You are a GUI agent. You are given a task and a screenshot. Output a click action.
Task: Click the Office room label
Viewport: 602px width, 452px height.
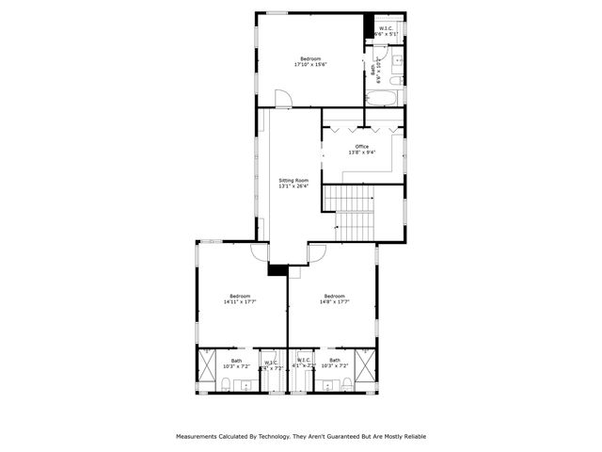coord(362,146)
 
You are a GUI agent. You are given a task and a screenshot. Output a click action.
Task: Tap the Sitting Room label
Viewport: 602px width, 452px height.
coord(293,180)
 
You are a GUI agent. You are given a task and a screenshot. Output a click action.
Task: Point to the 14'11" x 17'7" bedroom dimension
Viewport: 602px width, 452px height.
coord(240,302)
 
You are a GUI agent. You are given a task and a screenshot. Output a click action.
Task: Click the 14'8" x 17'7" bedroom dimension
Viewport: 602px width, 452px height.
coord(334,302)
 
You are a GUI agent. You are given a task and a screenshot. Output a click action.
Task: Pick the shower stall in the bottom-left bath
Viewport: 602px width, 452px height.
coord(206,369)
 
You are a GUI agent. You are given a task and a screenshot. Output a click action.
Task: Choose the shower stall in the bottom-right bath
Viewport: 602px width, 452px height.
coord(368,369)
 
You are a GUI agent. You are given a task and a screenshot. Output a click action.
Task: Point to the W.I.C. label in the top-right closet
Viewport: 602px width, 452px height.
coord(387,28)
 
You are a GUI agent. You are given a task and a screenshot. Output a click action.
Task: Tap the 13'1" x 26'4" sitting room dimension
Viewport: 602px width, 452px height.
coord(293,186)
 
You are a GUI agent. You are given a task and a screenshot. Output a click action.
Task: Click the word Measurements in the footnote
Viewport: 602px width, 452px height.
coord(197,436)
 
